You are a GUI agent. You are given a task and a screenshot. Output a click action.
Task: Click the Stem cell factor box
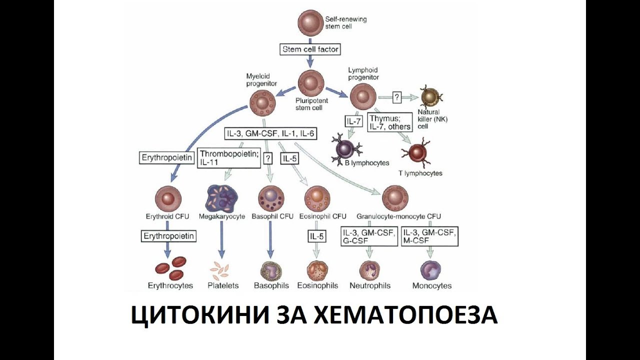(x=310, y=49)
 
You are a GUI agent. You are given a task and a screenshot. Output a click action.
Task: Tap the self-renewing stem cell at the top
(x=311, y=23)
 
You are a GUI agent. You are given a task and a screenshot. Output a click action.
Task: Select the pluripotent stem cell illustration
(x=311, y=83)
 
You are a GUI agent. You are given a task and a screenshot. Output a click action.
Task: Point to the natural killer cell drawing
(x=431, y=97)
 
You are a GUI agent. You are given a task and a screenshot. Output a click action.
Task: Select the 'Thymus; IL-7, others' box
(x=390, y=122)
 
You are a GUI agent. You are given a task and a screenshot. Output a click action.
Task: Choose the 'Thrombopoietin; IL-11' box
(x=228, y=158)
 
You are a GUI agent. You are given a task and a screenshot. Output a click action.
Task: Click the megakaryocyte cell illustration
(x=221, y=198)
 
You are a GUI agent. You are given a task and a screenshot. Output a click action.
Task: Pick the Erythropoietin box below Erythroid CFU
(x=168, y=235)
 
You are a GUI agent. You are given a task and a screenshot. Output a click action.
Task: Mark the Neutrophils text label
(x=370, y=286)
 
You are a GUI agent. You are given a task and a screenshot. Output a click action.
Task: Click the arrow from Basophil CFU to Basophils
(x=270, y=240)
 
